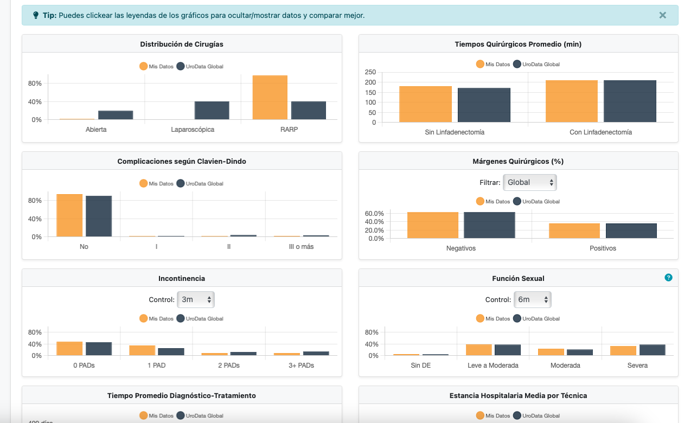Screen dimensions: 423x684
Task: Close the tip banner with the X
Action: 662,15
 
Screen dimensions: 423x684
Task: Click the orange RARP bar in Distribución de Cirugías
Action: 270,98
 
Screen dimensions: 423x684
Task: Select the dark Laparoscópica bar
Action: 212,110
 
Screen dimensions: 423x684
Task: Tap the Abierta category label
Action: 96,130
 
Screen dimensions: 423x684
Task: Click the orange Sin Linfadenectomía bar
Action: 425,104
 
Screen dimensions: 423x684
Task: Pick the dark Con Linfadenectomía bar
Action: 630,101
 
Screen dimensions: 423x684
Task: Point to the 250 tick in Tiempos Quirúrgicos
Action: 370,72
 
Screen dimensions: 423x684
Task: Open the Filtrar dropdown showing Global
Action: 529,183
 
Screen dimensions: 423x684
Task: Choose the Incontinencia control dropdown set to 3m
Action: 196,299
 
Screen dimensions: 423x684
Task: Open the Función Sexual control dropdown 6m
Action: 532,299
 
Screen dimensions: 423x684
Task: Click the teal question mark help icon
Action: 668,278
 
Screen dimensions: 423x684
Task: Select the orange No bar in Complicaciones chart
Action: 69,215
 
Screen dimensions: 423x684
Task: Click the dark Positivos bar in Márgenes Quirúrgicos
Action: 631,231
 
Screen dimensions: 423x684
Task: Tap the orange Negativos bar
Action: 432,225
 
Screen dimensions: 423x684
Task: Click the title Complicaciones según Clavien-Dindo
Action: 182,161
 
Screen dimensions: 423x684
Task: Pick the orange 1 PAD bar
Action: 142,350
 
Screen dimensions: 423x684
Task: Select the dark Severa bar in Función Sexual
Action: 652,350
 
